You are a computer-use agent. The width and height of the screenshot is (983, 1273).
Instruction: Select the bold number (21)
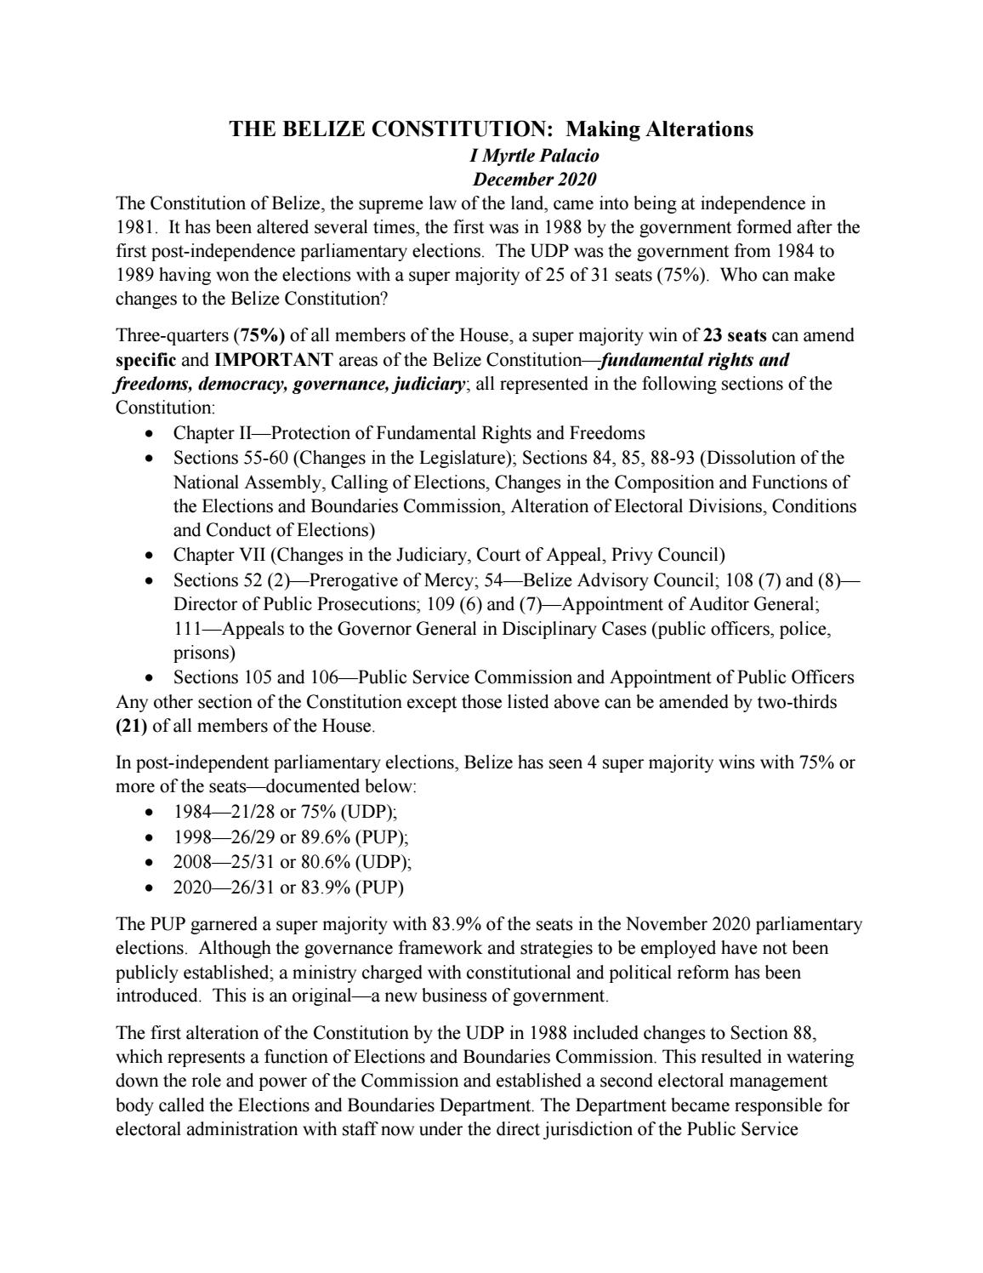pyautogui.click(x=131, y=726)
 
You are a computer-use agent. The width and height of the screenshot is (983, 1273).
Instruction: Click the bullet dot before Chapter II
pyautogui.click(x=150, y=433)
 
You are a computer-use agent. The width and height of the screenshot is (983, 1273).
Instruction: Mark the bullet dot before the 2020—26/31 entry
pyautogui.click(x=150, y=888)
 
